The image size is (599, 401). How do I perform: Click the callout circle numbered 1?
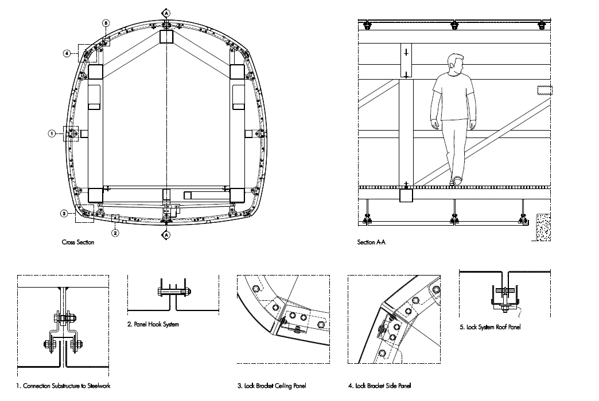coord(52,133)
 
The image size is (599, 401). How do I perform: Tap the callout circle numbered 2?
coord(115,233)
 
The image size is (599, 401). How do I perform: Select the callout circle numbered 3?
coord(64,214)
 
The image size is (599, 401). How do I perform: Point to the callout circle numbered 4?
coord(67,53)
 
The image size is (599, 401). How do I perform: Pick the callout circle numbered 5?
coord(106,23)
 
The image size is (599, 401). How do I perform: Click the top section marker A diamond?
coord(166,13)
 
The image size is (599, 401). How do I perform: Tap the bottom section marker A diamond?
coord(166,235)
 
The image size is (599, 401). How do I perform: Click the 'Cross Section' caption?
coord(78,242)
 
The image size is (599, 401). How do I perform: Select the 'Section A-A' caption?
coord(371,242)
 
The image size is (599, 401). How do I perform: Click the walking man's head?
coord(456,64)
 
